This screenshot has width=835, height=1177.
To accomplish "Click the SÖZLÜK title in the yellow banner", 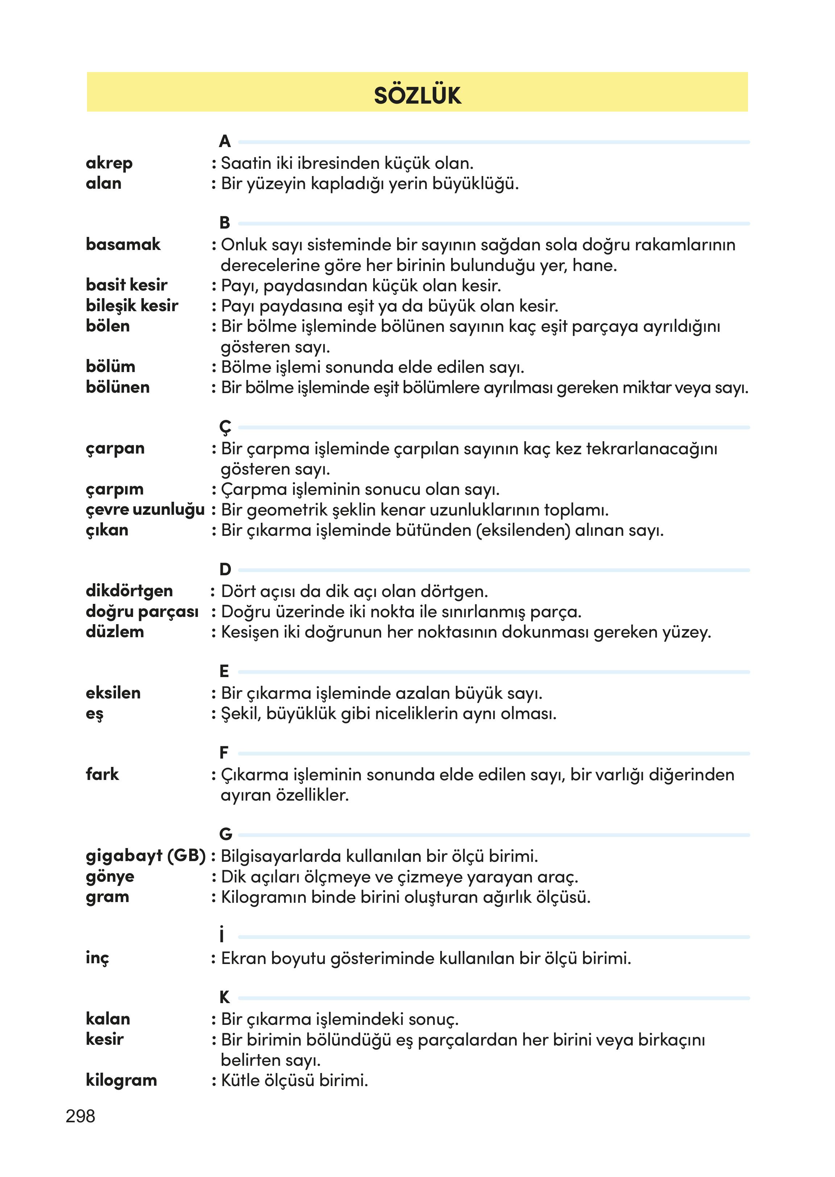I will pos(417,96).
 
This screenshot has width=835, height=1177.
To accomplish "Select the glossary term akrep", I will pos(109,163).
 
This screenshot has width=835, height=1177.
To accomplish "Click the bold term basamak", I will pos(123,245).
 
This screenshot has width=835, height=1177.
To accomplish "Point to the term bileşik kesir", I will pos(132,306).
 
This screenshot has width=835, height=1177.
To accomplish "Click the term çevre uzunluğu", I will pos(145,510).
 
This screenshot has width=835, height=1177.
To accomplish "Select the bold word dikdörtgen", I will pos(129,591).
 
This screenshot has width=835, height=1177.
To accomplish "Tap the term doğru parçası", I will pos(142,612).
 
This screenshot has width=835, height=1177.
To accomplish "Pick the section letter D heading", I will pos(225,569).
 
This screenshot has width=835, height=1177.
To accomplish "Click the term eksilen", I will pos(113,693).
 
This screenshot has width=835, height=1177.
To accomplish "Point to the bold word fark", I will pos(102,774).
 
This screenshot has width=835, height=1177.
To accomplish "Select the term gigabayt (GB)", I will pos(145,856).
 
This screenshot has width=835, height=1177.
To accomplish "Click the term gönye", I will pos(110,877).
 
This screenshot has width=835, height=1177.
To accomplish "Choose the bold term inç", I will pos(97,958).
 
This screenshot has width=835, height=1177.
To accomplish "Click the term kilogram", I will pos(121,1080).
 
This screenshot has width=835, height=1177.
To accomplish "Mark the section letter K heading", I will pos(225,997).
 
